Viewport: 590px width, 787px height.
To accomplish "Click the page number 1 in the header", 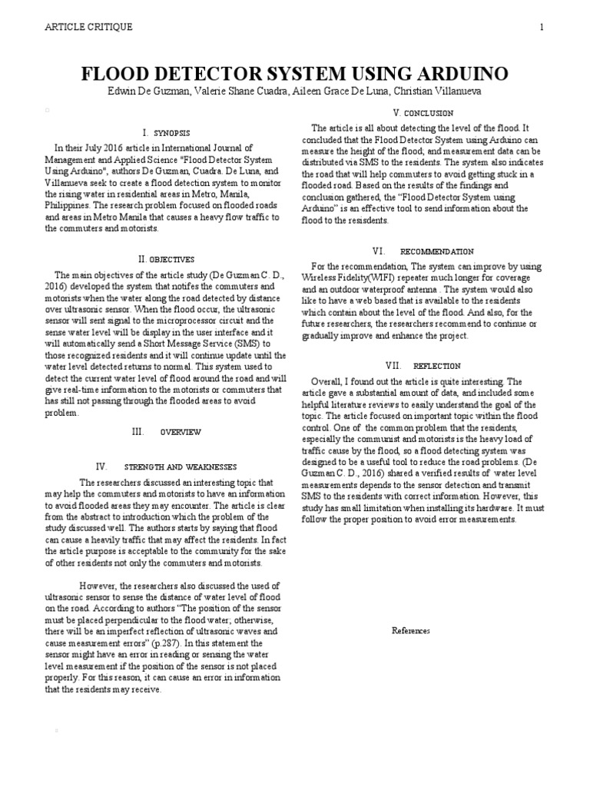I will pyautogui.click(x=542, y=28).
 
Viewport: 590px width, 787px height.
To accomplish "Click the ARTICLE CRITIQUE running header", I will pyautogui.click(x=90, y=28).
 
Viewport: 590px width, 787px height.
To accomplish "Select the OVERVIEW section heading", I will pyautogui.click(x=181, y=432).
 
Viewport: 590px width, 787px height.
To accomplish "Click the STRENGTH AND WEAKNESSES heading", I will pyautogui.click(x=181, y=467).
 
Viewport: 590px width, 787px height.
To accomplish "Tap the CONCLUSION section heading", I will pyautogui.click(x=429, y=113).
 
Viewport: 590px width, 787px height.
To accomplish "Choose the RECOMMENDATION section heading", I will pyautogui.click(x=437, y=251).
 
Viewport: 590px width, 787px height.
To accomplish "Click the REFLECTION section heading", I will pyautogui.click(x=436, y=366).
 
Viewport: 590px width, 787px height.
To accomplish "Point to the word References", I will pyautogui.click(x=411, y=631).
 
